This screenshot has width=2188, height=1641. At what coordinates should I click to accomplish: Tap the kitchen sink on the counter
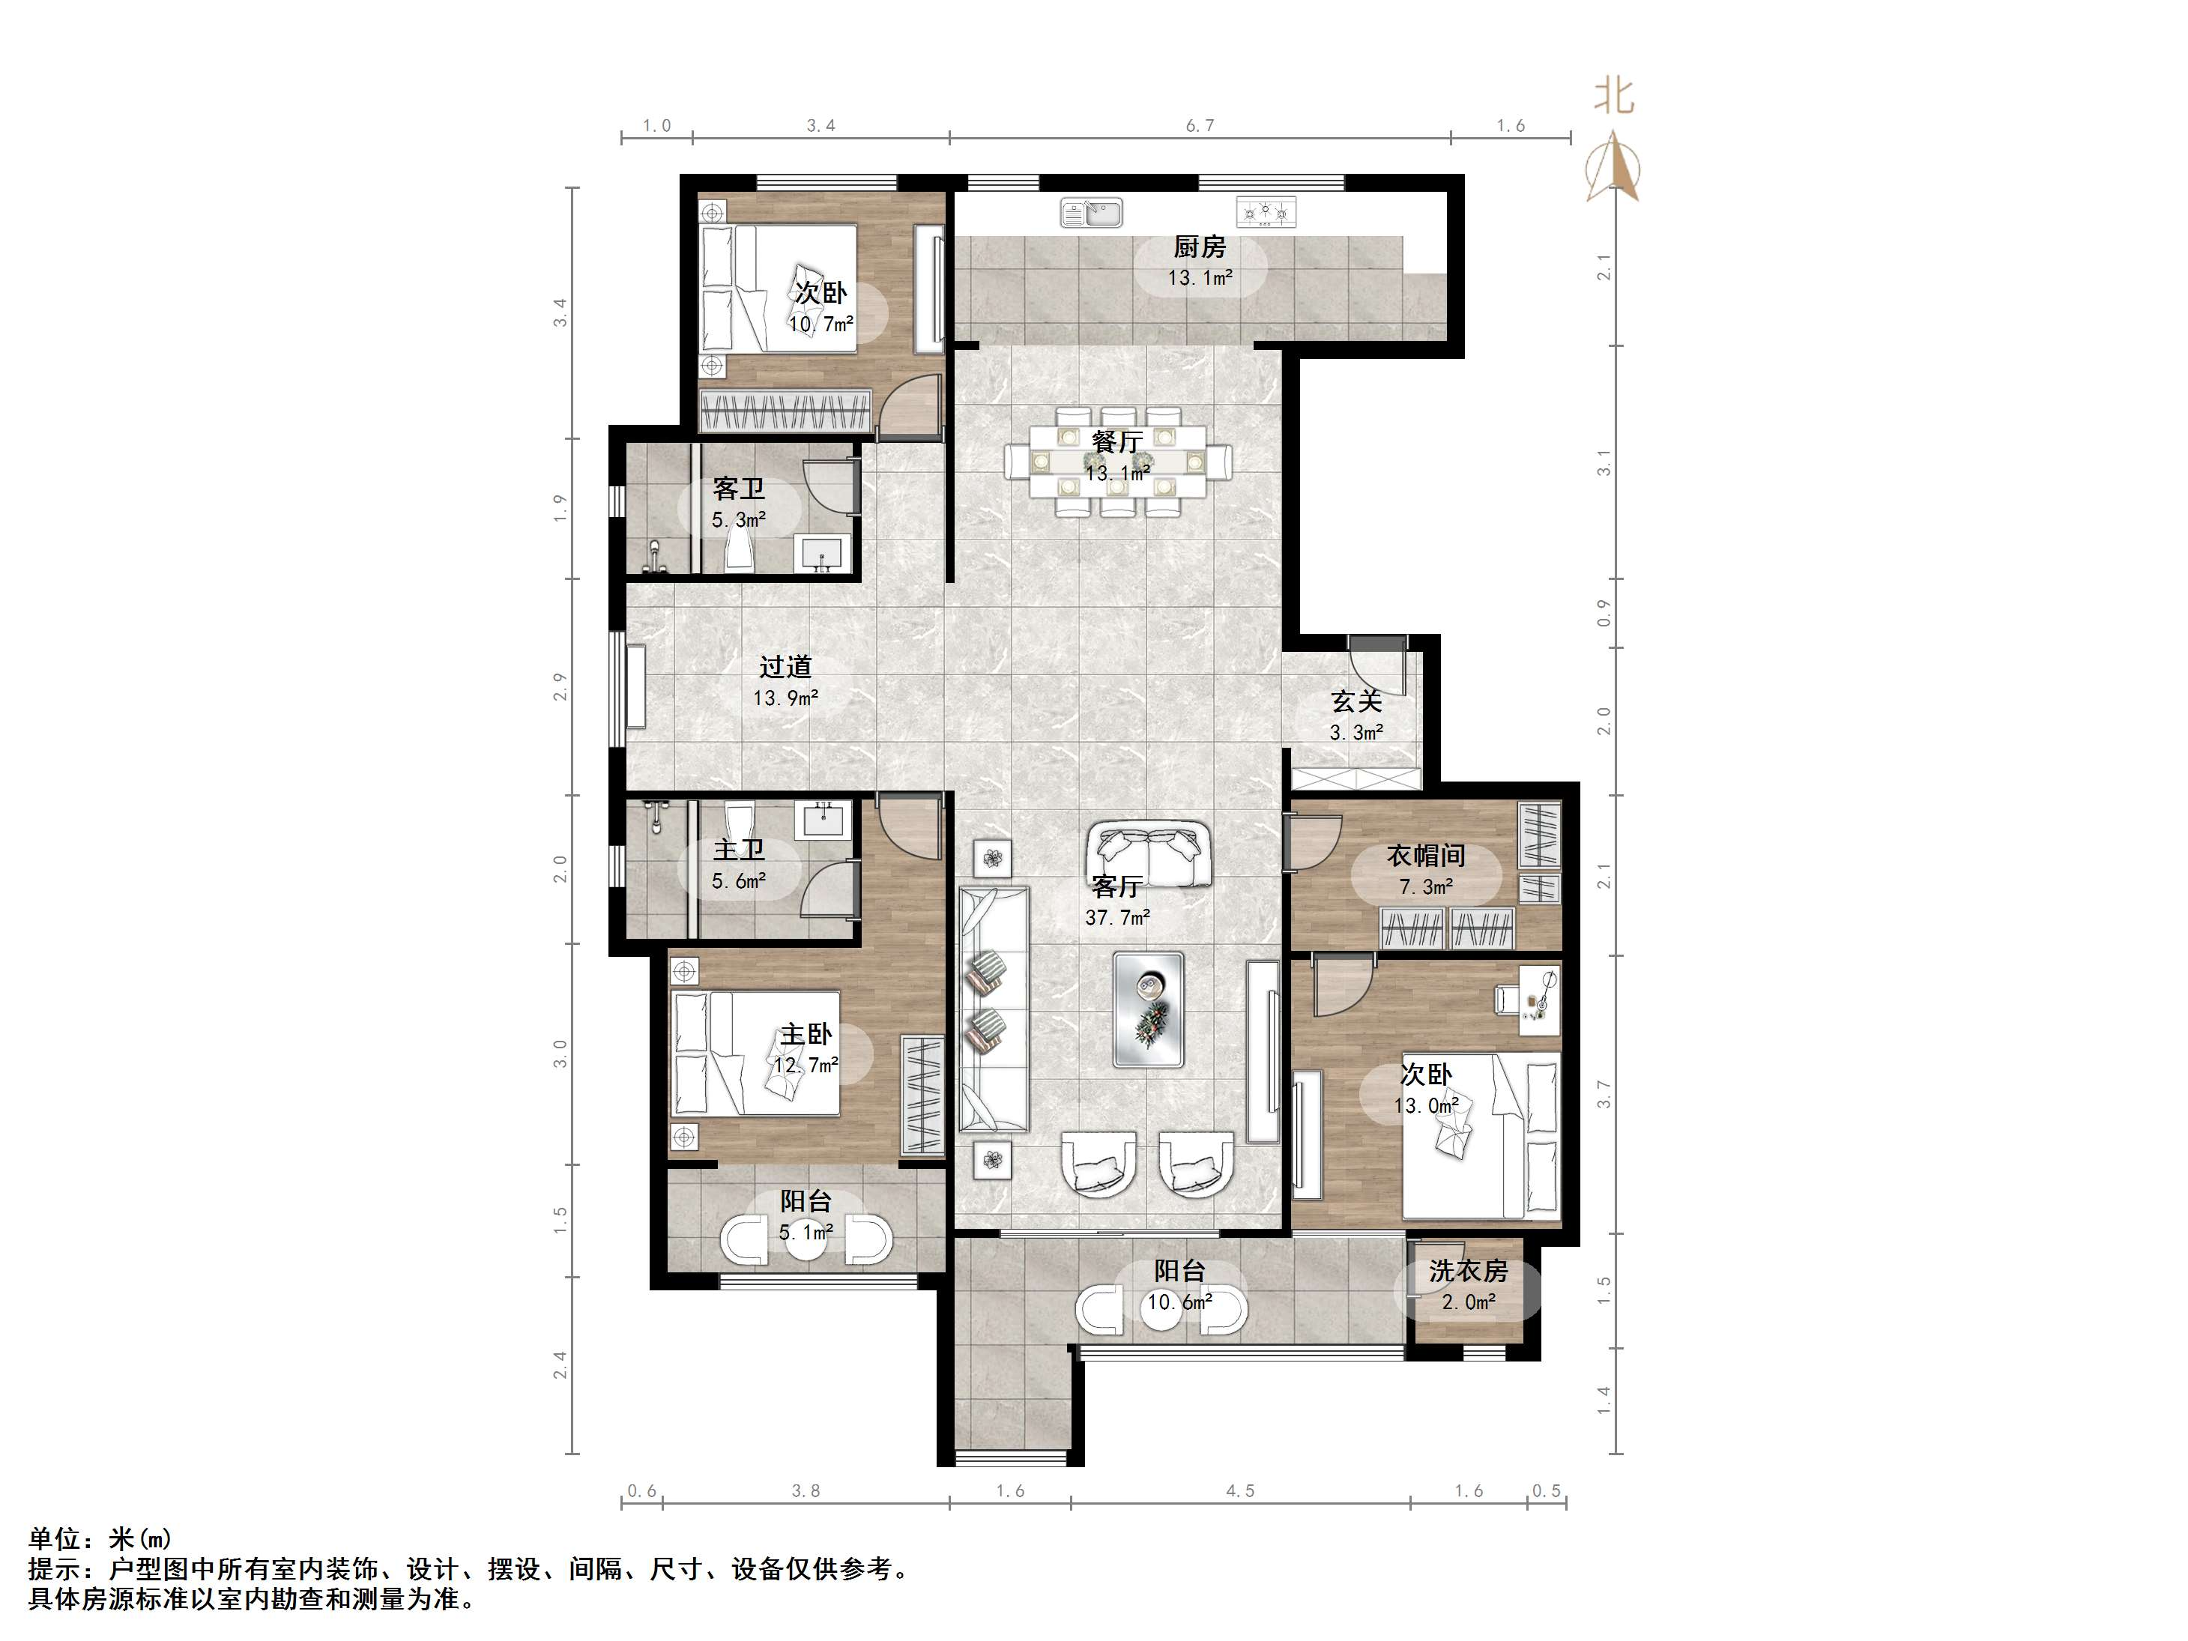tap(1091, 213)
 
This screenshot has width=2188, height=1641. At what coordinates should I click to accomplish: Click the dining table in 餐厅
tap(1118, 462)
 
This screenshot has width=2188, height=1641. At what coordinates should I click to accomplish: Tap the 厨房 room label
tap(1200, 247)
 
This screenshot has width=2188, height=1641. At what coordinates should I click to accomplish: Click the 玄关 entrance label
tap(1356, 701)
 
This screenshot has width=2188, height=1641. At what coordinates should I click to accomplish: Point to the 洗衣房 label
tap(1468, 1271)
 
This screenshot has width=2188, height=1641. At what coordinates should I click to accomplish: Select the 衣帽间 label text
tap(1425, 856)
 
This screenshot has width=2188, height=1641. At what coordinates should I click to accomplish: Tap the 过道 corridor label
tap(785, 668)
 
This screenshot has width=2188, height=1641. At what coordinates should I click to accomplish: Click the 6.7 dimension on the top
tap(1200, 126)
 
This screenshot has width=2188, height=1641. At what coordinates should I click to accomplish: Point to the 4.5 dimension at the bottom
tap(1240, 1490)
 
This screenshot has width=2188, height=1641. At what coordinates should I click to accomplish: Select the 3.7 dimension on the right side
tap(1604, 1094)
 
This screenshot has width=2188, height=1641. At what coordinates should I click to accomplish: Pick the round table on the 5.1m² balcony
tap(806, 1242)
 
